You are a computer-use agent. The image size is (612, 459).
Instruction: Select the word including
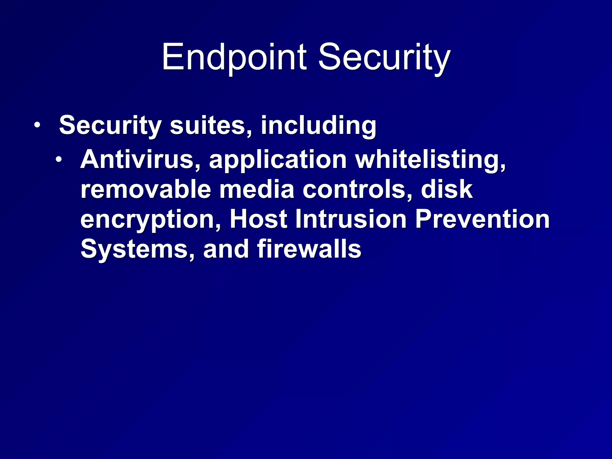(319, 125)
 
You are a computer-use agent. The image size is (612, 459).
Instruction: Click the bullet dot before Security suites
(37, 125)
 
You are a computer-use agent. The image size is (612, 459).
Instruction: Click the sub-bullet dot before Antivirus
(59, 159)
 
